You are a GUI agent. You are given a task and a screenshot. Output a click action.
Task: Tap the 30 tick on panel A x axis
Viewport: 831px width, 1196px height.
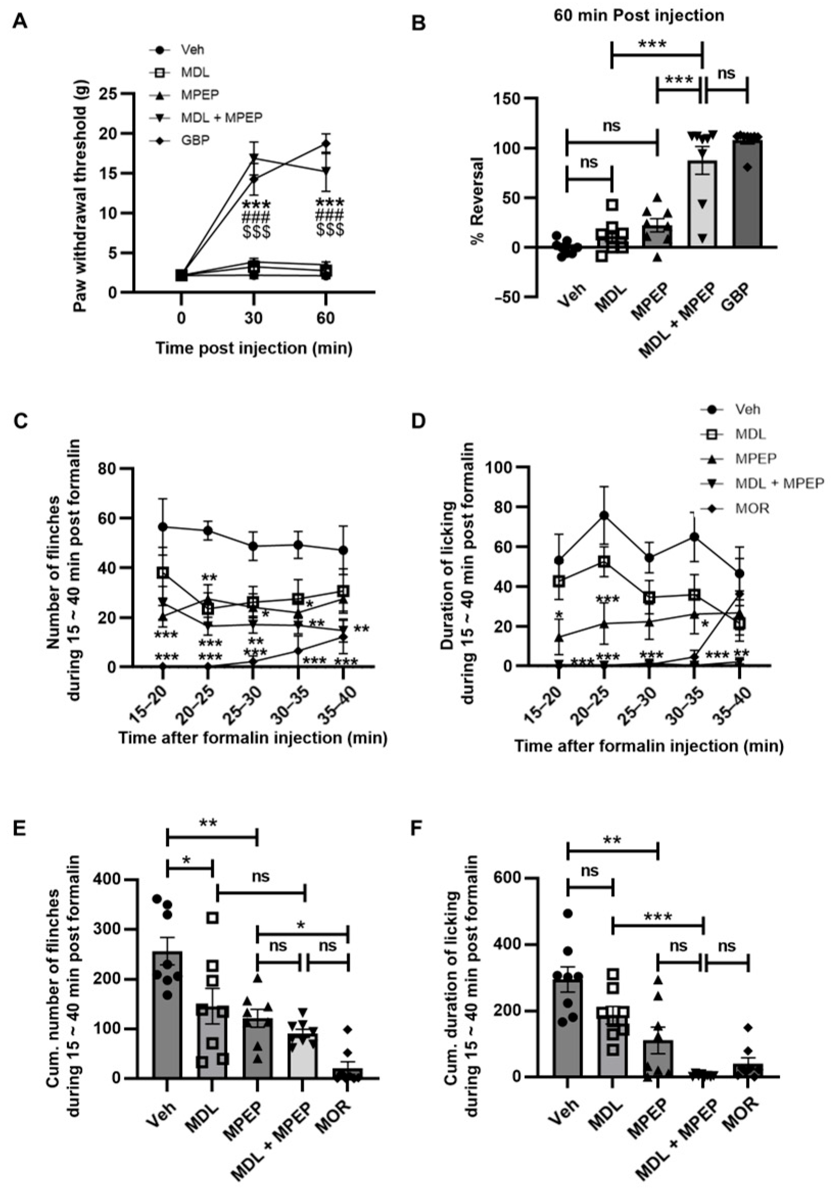[254, 317]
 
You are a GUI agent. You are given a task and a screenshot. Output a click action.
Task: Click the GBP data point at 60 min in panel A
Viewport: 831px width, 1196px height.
[326, 143]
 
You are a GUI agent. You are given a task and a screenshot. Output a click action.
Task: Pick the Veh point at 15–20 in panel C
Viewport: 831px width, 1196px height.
[163, 527]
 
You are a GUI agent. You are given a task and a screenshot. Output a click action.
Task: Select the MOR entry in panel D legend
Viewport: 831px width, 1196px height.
[752, 508]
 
